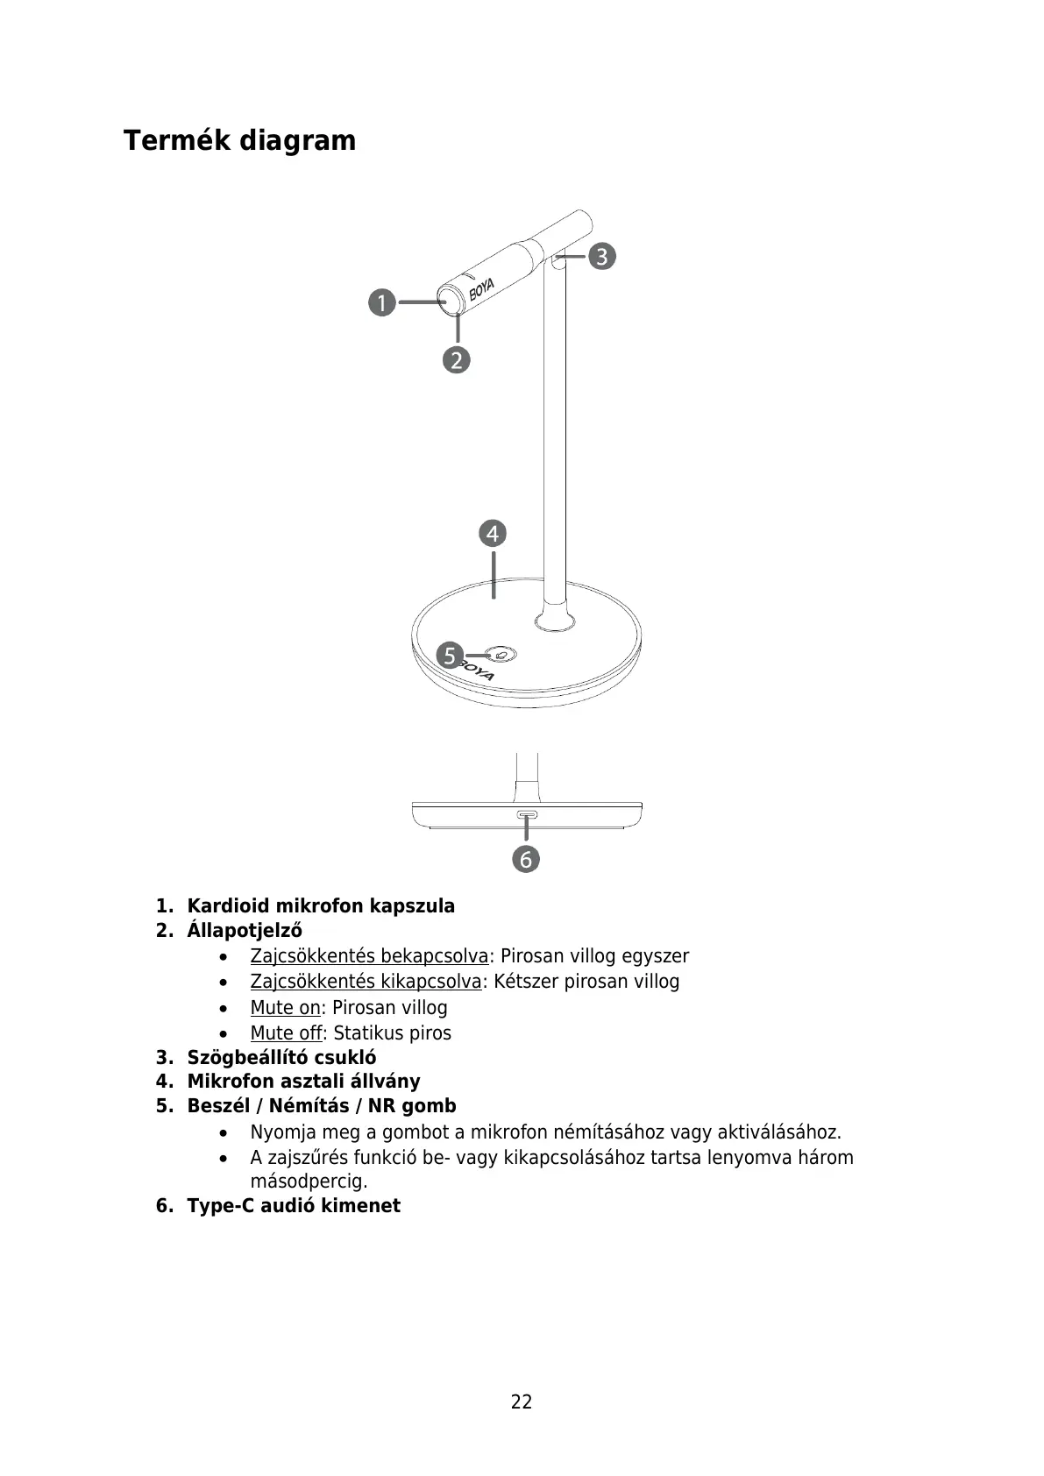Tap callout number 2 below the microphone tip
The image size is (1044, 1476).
[457, 359]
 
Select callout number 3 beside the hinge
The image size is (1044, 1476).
[601, 257]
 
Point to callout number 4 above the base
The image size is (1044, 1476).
[493, 533]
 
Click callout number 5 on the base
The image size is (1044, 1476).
[450, 656]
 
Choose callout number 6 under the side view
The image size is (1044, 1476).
[526, 859]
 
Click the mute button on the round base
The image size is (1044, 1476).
[501, 654]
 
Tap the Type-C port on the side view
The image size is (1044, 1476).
[527, 815]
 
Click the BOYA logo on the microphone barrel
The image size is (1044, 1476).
[481, 288]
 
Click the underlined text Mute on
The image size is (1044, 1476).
[285, 1007]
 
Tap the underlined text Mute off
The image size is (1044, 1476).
[286, 1032]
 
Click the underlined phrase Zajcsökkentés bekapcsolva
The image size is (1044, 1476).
[369, 955]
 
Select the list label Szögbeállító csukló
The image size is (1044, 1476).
[281, 1057]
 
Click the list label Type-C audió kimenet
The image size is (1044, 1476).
[294, 1205]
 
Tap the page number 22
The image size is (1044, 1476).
[522, 1401]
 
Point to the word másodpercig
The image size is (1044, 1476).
[309, 1182]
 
